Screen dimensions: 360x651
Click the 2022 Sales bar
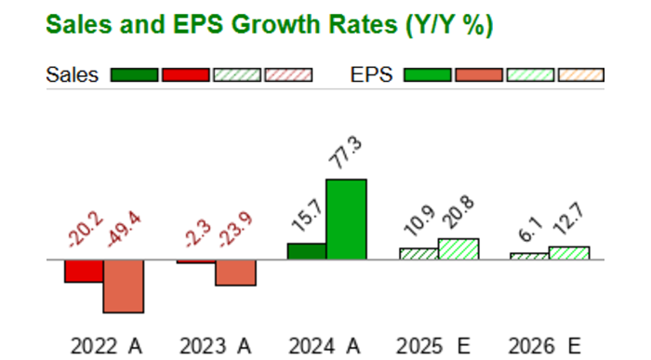[x=84, y=270]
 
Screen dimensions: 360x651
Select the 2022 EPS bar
[x=124, y=286]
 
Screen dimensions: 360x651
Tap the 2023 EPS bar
[x=235, y=273]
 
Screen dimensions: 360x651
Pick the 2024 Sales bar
[x=307, y=251]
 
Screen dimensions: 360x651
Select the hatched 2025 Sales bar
[x=418, y=253]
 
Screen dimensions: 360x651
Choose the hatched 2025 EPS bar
[x=458, y=248]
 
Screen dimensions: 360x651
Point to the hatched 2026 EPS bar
[x=569, y=252]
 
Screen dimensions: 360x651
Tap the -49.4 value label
[x=124, y=227]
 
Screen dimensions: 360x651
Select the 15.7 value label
[x=306, y=216]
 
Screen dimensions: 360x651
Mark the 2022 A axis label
[x=106, y=346]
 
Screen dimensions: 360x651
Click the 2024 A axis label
[x=325, y=346]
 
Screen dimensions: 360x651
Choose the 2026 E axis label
[x=549, y=346]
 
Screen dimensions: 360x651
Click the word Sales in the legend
[x=72, y=75]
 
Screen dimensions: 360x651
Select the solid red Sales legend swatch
[x=184, y=75]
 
